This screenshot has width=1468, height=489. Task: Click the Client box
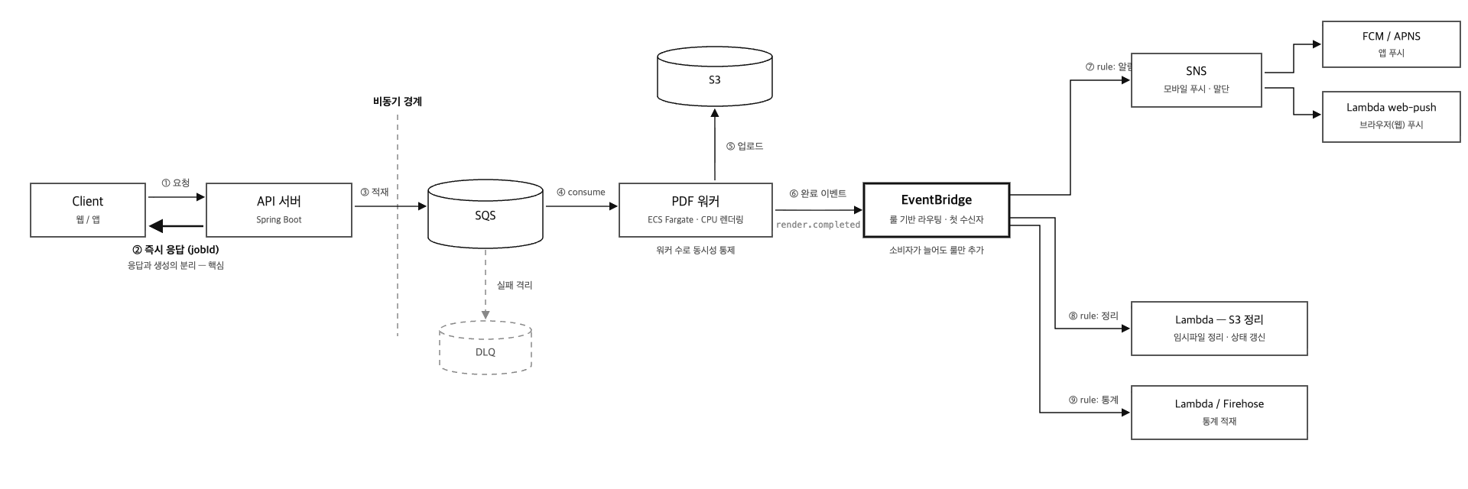[88, 210]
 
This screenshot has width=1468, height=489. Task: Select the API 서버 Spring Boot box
[279, 210]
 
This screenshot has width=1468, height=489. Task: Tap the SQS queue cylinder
[486, 214]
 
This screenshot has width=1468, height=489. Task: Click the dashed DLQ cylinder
[486, 348]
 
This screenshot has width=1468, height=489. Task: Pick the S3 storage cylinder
[715, 76]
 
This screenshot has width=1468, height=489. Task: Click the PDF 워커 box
[696, 210]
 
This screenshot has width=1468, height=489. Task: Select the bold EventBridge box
[937, 210]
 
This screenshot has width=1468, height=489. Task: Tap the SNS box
[1197, 80]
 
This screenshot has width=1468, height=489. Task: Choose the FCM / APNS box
[1392, 44]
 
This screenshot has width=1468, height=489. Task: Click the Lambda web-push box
[1392, 116]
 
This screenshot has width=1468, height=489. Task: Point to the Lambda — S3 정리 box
[1220, 329]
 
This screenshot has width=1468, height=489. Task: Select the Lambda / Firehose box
[1220, 413]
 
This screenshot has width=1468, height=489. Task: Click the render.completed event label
[818, 225]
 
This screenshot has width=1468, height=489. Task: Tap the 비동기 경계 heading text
[398, 101]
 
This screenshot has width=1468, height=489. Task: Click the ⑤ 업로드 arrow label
[745, 146]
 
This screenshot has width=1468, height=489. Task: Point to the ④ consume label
[581, 192]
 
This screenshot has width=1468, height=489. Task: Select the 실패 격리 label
[515, 285]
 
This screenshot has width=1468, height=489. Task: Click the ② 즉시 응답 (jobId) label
[176, 249]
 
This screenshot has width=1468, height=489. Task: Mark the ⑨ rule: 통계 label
[1093, 400]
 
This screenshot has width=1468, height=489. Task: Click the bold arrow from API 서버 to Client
[176, 226]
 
